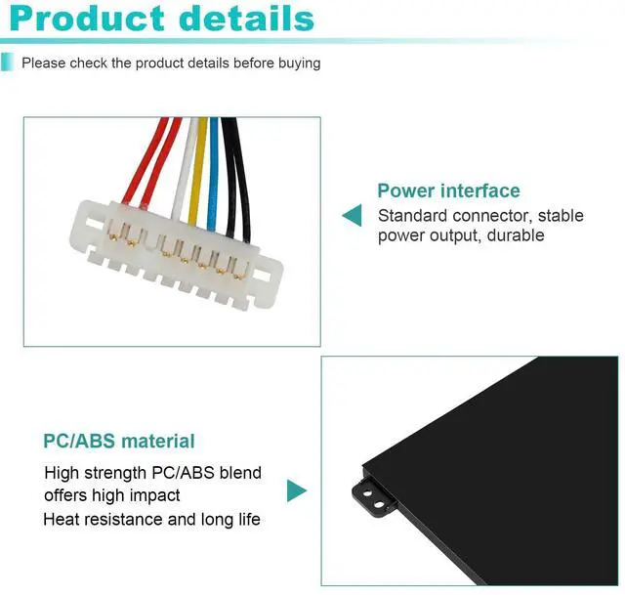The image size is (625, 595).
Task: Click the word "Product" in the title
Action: click(x=94, y=19)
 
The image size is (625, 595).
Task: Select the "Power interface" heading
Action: click(x=448, y=191)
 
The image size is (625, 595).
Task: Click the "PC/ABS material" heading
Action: click(x=119, y=441)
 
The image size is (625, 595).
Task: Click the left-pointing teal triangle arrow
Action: click(x=351, y=215)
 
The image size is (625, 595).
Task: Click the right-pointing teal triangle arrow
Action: click(x=296, y=490)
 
